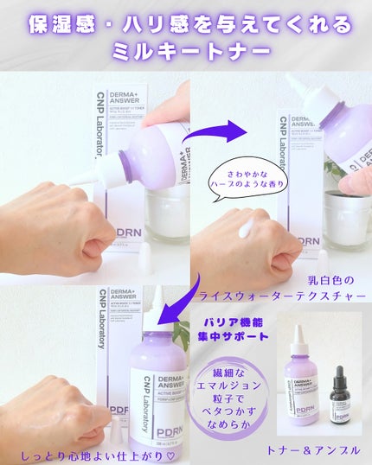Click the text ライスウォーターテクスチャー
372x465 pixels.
tap(283, 296)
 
